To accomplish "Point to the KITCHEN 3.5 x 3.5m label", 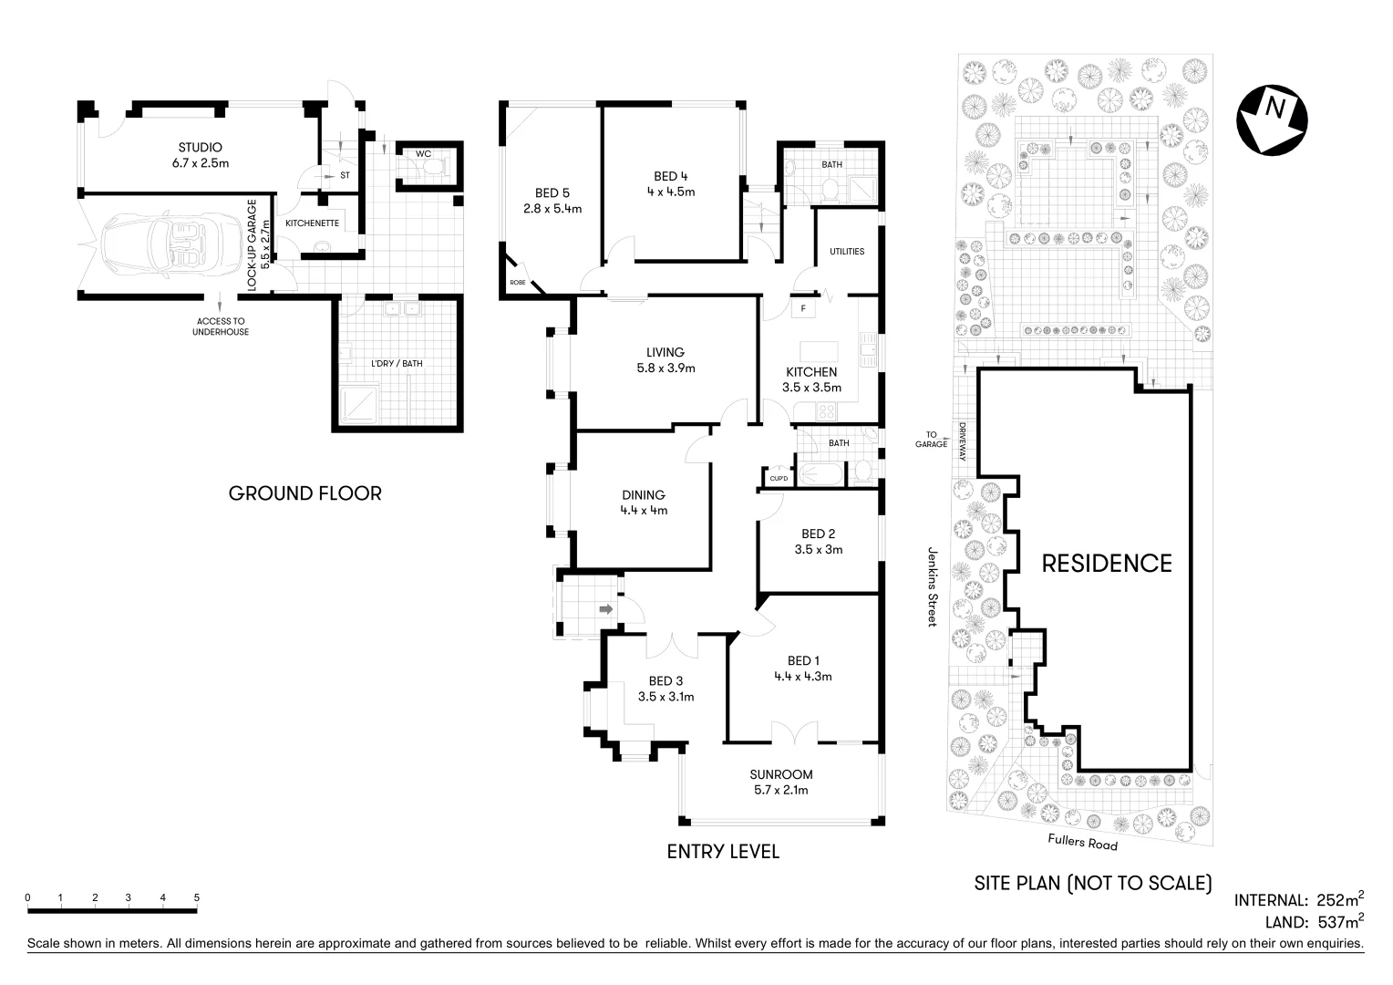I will pos(811,379).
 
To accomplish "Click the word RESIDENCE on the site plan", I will pos(1107,563).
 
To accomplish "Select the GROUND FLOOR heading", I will pos(304,493).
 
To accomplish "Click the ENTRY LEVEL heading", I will pos(723,852).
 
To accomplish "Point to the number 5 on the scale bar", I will pos(196,897).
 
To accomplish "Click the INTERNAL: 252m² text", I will pos(1298,899).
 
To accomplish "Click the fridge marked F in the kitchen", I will pos(803,308).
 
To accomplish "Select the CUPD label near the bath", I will pos(779,478).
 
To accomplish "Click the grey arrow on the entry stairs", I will pos(604,608).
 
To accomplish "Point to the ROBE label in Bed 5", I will pos(517,283).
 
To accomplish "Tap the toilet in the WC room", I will pos(435,167).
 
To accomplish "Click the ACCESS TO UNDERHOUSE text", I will pos(220,327).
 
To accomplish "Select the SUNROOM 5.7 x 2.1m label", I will pos(780,783).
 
